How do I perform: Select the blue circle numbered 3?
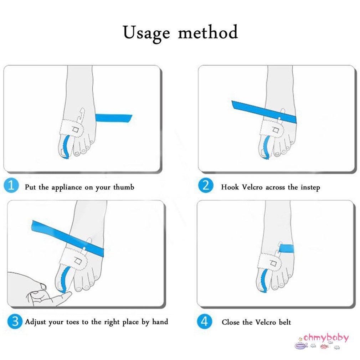(x=13, y=322)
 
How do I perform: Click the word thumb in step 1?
(x=123, y=187)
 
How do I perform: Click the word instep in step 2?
(x=309, y=187)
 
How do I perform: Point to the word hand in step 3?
(x=160, y=322)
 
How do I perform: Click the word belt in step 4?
(x=284, y=322)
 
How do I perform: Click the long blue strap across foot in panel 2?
(x=264, y=111)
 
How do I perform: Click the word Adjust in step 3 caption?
(x=36, y=322)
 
